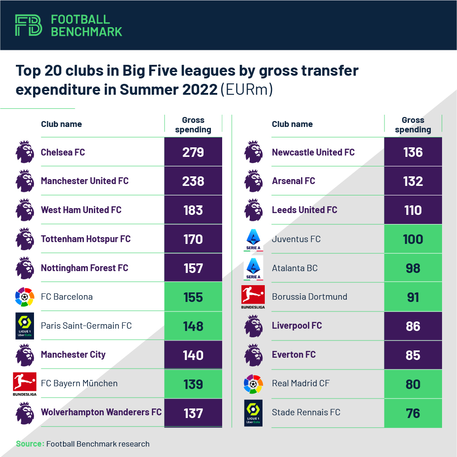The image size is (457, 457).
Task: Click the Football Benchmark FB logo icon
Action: pyautogui.click(x=28, y=25)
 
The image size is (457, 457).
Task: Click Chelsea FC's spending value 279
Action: pyautogui.click(x=193, y=152)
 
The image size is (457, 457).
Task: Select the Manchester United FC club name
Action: pyautogui.click(x=85, y=181)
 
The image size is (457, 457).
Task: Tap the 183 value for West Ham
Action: pyautogui.click(x=193, y=210)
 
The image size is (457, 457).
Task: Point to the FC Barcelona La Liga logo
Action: pyautogui.click(x=24, y=297)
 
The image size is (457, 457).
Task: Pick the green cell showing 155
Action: pyautogui.click(x=193, y=297)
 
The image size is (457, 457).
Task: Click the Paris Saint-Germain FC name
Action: pyautogui.click(x=86, y=326)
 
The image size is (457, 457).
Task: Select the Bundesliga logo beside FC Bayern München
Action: pyautogui.click(x=24, y=384)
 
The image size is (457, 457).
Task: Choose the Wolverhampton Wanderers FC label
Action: pyautogui.click(x=101, y=412)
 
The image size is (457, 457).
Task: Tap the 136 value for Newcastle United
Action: pyautogui.click(x=413, y=152)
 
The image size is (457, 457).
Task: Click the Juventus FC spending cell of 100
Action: pyautogui.click(x=413, y=239)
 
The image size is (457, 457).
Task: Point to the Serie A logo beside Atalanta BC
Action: pyautogui.click(x=253, y=268)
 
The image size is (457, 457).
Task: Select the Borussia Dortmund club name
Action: pyautogui.click(x=309, y=297)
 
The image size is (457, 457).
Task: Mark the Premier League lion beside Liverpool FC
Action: pyautogui.click(x=253, y=326)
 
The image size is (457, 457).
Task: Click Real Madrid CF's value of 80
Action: pyautogui.click(x=413, y=384)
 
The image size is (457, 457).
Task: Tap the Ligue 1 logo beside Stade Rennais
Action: pyautogui.click(x=253, y=412)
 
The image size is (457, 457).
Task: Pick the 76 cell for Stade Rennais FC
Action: pyautogui.click(x=413, y=413)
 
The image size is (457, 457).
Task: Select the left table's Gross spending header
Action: pyautogui.click(x=193, y=125)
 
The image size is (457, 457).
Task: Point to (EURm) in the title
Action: pyautogui.click(x=247, y=89)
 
